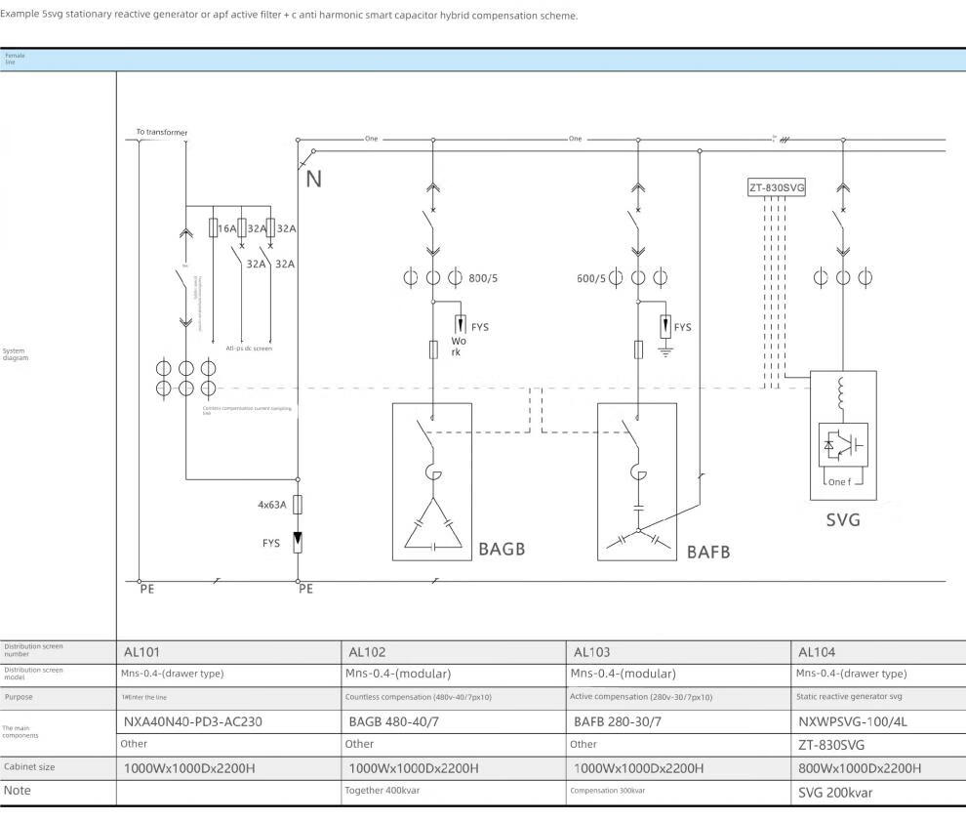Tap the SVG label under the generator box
pyautogui.click(x=843, y=520)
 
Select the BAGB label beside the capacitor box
pyautogui.click(x=502, y=549)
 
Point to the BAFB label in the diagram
pyautogui.click(x=707, y=552)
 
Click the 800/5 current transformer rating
pyautogui.click(x=483, y=278)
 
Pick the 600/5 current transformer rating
pyautogui.click(x=592, y=278)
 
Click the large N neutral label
pyautogui.click(x=313, y=179)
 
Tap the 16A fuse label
pyautogui.click(x=226, y=228)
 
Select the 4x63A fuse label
pyautogui.click(x=272, y=505)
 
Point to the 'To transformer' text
pyautogui.click(x=162, y=132)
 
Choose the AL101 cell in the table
pyautogui.click(x=141, y=651)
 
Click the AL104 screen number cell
pyautogui.click(x=817, y=651)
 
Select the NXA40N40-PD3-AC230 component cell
pyautogui.click(x=192, y=722)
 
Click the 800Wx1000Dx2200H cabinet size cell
pyautogui.click(x=859, y=768)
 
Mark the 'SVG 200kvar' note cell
pyautogui.click(x=835, y=791)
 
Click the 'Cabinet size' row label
pyautogui.click(x=29, y=767)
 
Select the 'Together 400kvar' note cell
pyautogui.click(x=382, y=791)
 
